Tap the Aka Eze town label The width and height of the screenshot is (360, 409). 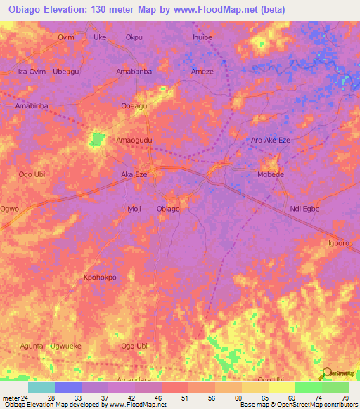point(134,174)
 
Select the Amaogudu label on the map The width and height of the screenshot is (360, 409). point(134,141)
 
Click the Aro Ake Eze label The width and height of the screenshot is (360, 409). point(271,141)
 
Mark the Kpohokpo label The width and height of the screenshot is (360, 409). point(100,277)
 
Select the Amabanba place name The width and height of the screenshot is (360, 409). point(134,72)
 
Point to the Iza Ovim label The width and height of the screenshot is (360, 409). point(31,72)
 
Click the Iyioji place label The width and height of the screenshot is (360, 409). point(134,209)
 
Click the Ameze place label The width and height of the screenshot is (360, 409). point(202,72)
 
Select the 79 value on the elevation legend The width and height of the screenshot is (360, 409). point(344,397)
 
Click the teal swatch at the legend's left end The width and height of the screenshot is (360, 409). point(41,387)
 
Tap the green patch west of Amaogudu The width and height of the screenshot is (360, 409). point(96,140)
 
